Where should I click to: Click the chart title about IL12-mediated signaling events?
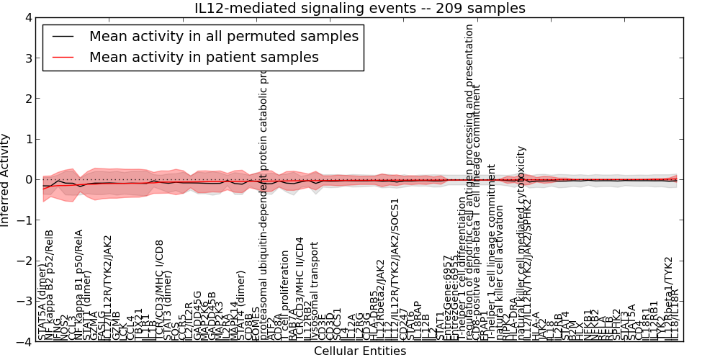360,8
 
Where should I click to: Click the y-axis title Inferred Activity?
6,180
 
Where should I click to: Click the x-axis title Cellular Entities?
360,351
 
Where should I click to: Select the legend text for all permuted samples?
223,36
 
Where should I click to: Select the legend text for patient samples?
204,57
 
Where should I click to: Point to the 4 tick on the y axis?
27,17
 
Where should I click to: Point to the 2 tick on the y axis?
27,99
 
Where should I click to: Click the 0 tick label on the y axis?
27,180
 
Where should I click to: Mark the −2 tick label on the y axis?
24,261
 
